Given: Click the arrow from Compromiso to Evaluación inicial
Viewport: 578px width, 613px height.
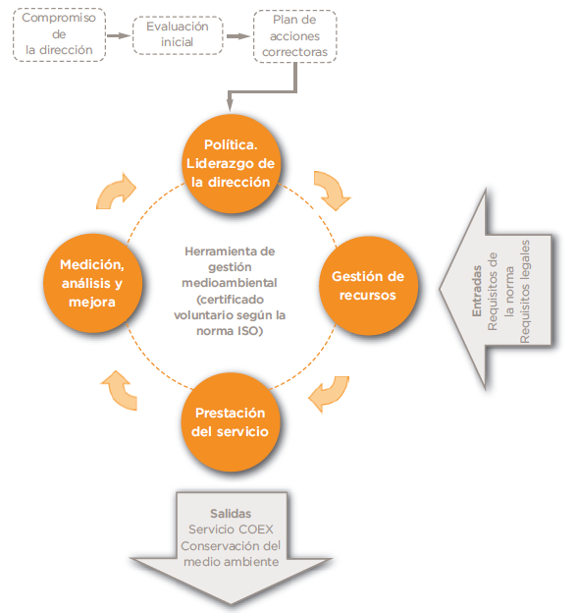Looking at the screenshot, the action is (x=119, y=36).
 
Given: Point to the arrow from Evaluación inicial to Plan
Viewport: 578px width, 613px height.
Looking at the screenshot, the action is (x=238, y=36).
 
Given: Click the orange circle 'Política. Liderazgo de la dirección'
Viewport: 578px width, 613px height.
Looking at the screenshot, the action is (x=232, y=164).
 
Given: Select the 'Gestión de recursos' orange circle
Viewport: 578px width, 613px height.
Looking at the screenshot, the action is (x=368, y=286).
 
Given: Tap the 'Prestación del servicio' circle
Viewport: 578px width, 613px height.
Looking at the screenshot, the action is (x=231, y=422).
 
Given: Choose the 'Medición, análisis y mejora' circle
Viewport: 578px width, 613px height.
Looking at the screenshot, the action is (x=92, y=284).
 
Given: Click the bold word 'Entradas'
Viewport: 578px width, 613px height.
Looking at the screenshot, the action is (x=477, y=291).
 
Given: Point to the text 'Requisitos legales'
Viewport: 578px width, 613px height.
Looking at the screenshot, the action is (x=525, y=292).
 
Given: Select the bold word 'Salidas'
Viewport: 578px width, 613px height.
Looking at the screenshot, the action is (x=231, y=514).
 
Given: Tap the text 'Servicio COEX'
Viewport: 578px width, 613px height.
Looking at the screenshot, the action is (x=231, y=529).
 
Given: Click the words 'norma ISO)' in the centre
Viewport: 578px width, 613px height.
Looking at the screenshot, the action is (x=230, y=331).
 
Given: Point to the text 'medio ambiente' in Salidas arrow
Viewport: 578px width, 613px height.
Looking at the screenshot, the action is (x=232, y=562).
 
